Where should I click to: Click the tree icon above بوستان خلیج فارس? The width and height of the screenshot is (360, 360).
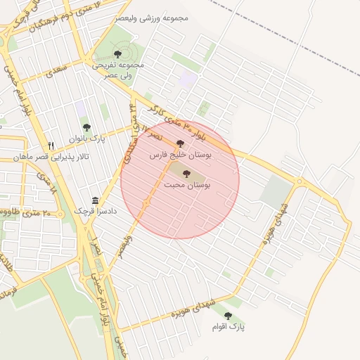pos(181,143)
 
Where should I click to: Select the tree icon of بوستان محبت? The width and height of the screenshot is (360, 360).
pos(187,174)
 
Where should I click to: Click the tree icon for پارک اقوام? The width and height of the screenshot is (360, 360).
pos(227,316)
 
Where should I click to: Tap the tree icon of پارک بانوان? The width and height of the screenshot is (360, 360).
pos(86,127)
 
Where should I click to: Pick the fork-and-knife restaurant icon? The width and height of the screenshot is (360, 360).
pos(51,146)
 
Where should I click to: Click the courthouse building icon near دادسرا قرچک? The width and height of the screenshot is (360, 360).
pos(96,200)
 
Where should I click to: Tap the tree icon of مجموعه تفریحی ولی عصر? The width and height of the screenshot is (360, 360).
pos(117,53)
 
